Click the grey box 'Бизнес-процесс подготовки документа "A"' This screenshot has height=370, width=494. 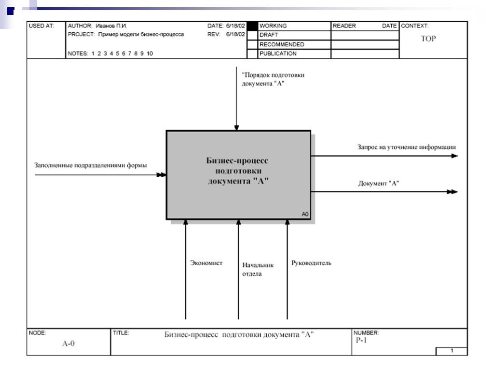[x=238, y=174]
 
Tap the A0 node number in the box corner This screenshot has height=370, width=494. [x=305, y=214]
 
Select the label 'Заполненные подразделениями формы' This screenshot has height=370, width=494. [x=91, y=165]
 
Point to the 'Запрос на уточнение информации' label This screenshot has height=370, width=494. [x=406, y=147]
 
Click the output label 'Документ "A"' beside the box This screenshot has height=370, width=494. [x=379, y=183]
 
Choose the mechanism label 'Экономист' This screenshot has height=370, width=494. [x=206, y=263]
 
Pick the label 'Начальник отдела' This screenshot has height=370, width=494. [x=258, y=269]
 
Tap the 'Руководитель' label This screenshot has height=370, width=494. [x=311, y=263]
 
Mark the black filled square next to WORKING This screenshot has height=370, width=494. [x=252, y=26]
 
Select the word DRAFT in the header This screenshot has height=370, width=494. [x=269, y=35]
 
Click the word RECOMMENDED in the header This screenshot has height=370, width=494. [x=282, y=44]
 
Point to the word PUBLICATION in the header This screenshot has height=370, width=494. [x=278, y=53]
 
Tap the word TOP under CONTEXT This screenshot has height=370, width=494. [x=428, y=39]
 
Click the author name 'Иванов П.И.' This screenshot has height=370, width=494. [x=111, y=26]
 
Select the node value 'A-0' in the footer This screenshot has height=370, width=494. [x=69, y=344]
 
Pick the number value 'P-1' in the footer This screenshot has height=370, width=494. [x=361, y=340]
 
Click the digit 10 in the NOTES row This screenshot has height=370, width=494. [x=150, y=54]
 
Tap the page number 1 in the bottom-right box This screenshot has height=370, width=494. [x=452, y=351]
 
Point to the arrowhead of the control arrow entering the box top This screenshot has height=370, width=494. [x=236, y=128]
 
